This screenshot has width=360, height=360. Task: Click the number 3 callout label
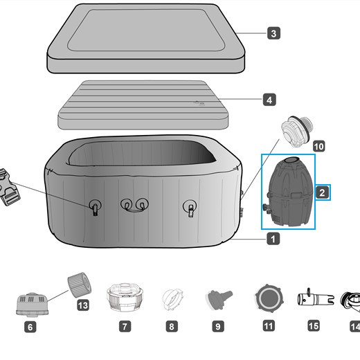274,33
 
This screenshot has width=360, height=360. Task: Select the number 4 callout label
269,100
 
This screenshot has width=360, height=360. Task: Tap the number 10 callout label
318,146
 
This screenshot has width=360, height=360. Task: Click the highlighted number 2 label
323,193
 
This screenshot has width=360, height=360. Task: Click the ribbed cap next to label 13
79,283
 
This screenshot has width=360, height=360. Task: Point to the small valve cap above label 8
171,300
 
